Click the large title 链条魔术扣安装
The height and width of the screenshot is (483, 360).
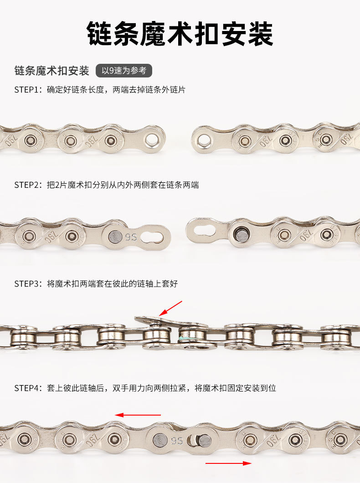coord(180,34)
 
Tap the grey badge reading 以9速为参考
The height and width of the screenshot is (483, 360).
coord(124,71)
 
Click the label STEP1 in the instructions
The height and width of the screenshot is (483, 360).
coord(27,90)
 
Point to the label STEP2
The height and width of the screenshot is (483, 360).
coord(27,185)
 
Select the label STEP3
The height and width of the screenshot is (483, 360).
coord(27,283)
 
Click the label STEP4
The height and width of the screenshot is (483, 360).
coord(27,388)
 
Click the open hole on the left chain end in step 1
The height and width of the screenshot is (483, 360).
coord(152,140)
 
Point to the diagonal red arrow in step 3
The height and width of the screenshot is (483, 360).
coord(170,308)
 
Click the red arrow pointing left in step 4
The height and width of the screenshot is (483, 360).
coord(138,415)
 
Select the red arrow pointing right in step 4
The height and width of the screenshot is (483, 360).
coord(228,463)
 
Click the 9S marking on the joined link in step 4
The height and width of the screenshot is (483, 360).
coord(177,441)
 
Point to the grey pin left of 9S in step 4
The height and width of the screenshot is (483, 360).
coord(160,440)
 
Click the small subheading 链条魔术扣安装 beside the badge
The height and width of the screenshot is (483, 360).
coord(52,71)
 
